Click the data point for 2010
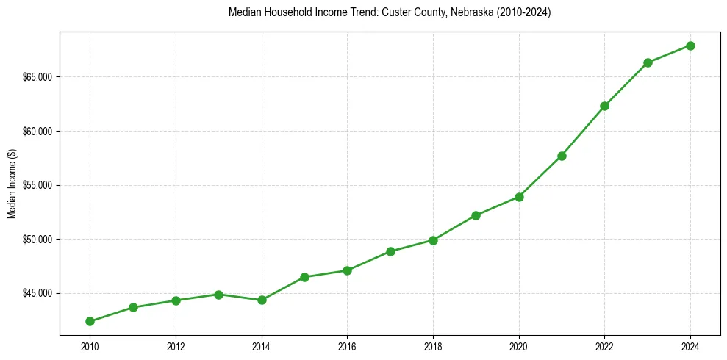(90, 321)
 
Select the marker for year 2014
(262, 300)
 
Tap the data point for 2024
(690, 46)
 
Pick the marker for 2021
(562, 156)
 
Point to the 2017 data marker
(390, 251)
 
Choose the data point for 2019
(476, 215)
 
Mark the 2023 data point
(648, 62)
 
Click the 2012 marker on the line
(176, 300)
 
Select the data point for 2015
(304, 277)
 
